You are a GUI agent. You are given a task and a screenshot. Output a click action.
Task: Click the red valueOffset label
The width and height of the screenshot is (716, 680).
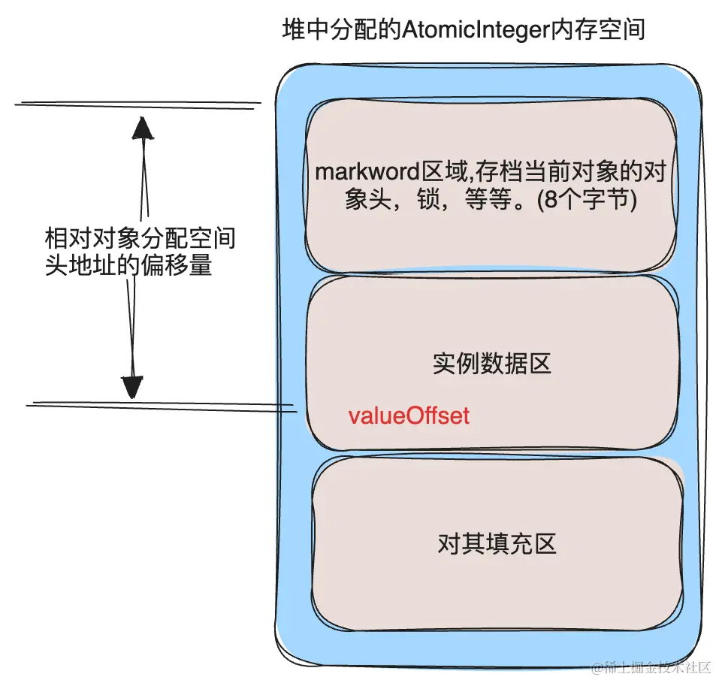tap(409, 416)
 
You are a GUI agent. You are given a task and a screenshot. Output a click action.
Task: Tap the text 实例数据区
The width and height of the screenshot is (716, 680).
tap(492, 364)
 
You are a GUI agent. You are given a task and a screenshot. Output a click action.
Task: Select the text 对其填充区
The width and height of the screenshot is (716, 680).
tap(497, 543)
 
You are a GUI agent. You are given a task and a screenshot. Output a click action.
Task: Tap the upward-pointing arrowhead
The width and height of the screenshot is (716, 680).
tap(143, 128)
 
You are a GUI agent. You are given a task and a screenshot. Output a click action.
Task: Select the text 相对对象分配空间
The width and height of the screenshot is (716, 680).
tap(140, 240)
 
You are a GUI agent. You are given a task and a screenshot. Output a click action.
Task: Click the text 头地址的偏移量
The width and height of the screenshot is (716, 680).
tap(128, 266)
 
